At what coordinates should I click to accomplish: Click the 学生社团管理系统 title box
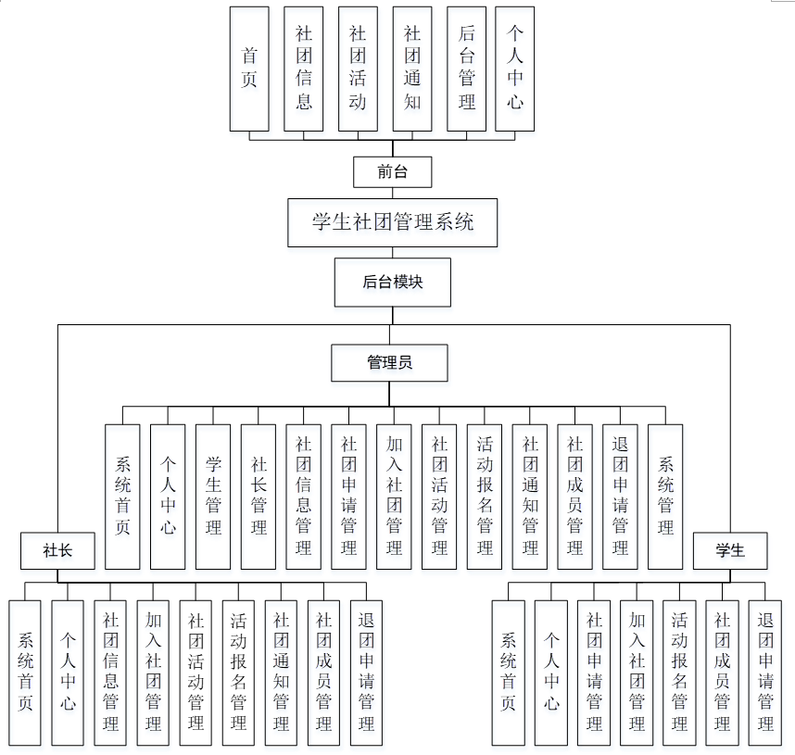[x=392, y=222]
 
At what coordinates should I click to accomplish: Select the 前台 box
[x=392, y=171]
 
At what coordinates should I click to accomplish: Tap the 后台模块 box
[x=392, y=282]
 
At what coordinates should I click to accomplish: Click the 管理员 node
[x=389, y=362]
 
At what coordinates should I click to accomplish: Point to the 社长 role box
[x=57, y=551]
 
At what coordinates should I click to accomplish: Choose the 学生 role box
[x=730, y=551]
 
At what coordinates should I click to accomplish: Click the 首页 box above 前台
[x=249, y=69]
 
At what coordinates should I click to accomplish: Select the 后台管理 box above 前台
[x=467, y=69]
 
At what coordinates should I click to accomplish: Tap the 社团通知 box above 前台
[x=412, y=69]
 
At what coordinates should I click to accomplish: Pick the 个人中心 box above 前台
[x=515, y=69]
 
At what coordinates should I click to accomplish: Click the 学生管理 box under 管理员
[x=213, y=497]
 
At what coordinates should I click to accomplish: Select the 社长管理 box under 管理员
[x=259, y=497]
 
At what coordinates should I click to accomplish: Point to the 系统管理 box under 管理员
[x=665, y=497]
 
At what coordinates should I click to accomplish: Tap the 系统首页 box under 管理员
[x=122, y=497]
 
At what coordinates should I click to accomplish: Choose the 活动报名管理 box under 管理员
[x=485, y=497]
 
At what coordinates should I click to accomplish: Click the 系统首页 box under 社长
[x=25, y=673]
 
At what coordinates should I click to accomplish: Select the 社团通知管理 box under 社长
[x=281, y=673]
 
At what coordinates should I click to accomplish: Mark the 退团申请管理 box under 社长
[x=366, y=673]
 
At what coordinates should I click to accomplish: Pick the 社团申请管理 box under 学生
[x=594, y=673]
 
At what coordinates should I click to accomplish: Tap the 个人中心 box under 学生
[x=551, y=673]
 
